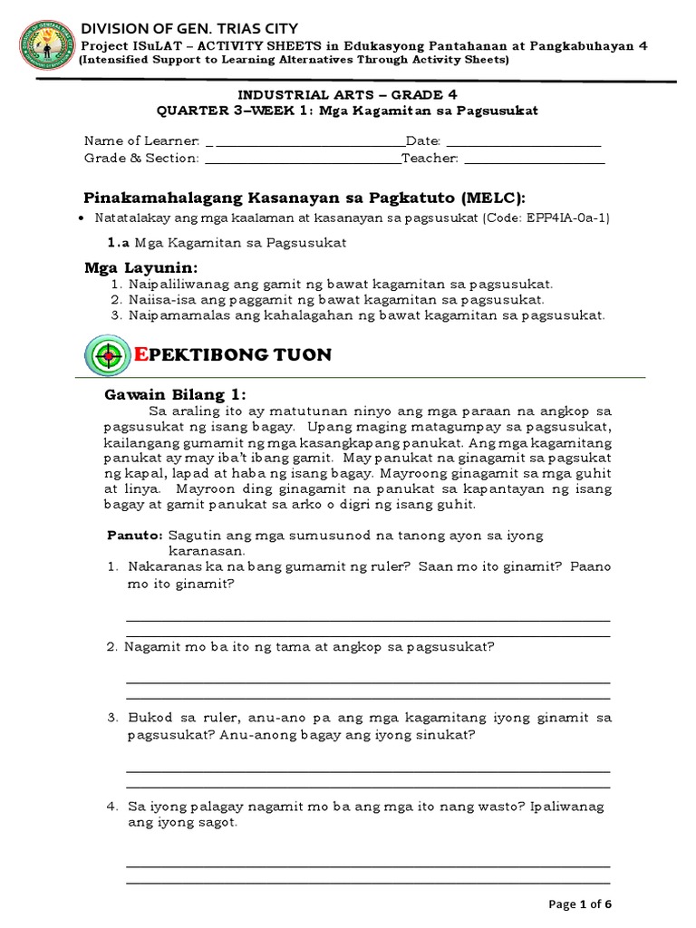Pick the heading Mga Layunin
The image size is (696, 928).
click(x=140, y=268)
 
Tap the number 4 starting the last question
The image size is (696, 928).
click(x=111, y=806)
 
